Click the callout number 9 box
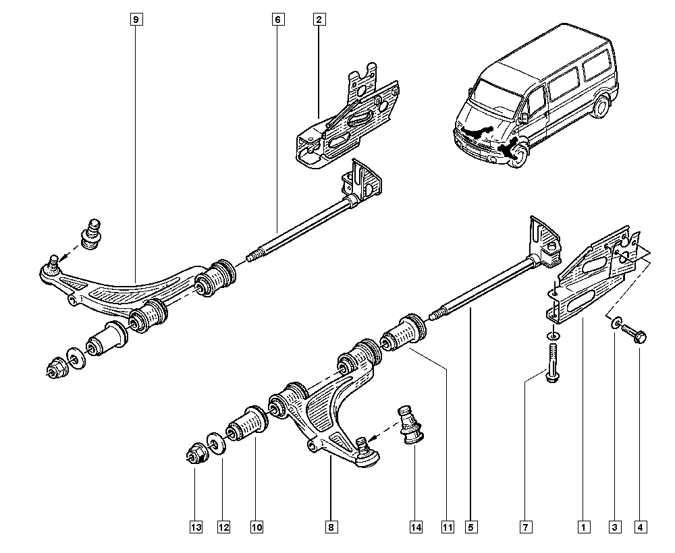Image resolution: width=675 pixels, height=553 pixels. click(x=136, y=20)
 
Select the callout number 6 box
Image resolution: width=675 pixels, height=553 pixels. click(x=277, y=20)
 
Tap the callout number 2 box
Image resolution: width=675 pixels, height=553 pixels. click(x=318, y=20)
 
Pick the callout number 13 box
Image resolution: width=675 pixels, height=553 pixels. click(x=196, y=527)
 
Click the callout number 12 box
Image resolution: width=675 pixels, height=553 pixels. click(x=223, y=527)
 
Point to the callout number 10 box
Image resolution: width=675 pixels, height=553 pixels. click(x=256, y=527)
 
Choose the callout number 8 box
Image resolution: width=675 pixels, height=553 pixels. click(x=331, y=527)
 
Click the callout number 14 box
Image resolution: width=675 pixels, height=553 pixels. click(x=415, y=527)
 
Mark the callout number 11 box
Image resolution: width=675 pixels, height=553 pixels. click(x=446, y=527)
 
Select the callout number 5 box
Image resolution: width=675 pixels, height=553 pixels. click(x=470, y=527)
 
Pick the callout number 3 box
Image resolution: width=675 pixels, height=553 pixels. click(x=614, y=527)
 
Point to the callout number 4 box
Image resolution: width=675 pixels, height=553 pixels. click(x=641, y=527)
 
